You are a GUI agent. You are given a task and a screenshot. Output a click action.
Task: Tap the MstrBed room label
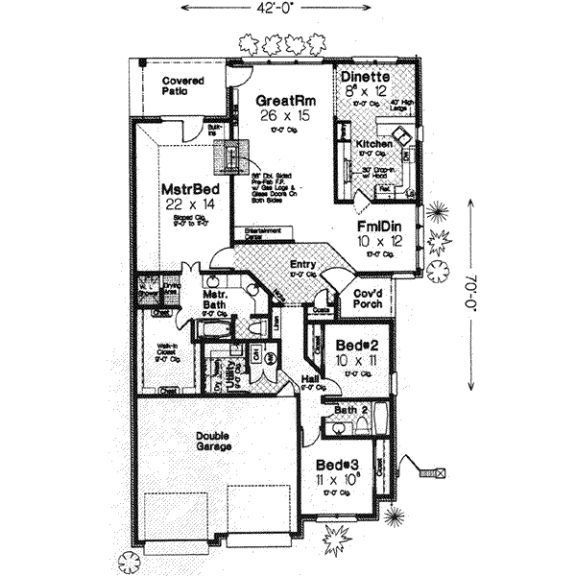[186, 190]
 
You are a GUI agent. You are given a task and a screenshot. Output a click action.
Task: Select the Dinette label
[364, 79]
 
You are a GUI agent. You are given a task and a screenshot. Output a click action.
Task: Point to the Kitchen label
[373, 143]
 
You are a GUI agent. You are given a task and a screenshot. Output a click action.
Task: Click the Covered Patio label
[182, 86]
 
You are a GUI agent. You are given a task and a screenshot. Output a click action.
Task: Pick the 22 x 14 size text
[186, 205]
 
